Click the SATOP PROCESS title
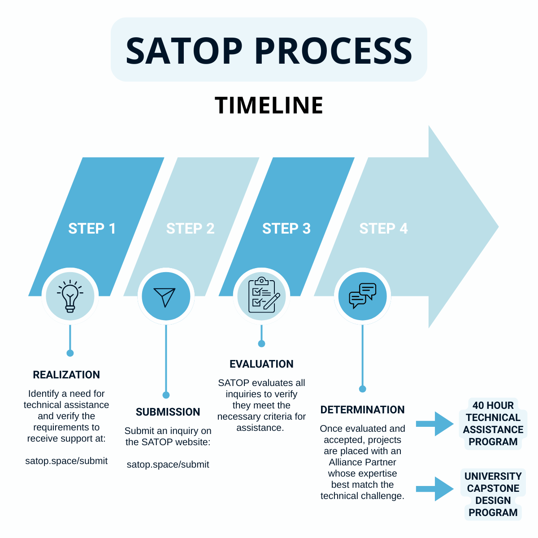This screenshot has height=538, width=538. [269, 50]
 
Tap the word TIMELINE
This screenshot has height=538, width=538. [269, 106]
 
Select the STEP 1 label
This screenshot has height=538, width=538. [92, 229]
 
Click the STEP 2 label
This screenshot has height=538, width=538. [190, 229]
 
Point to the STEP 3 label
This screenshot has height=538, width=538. [286, 229]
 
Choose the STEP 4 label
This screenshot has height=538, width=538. [384, 229]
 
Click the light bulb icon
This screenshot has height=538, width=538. [70, 296]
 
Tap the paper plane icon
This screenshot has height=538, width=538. [166, 296]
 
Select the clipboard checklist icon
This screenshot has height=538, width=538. [262, 295]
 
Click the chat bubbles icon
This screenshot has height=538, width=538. [362, 296]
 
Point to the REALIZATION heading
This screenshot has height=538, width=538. [66, 375]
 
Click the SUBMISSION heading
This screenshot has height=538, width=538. [168, 412]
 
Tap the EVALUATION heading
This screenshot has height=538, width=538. [261, 364]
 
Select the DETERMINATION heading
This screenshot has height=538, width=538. [362, 410]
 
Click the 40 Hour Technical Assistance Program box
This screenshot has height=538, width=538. [493, 424]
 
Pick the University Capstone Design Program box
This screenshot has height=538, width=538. [493, 495]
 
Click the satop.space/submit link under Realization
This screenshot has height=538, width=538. [66, 461]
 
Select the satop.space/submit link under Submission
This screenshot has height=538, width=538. [168, 464]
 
